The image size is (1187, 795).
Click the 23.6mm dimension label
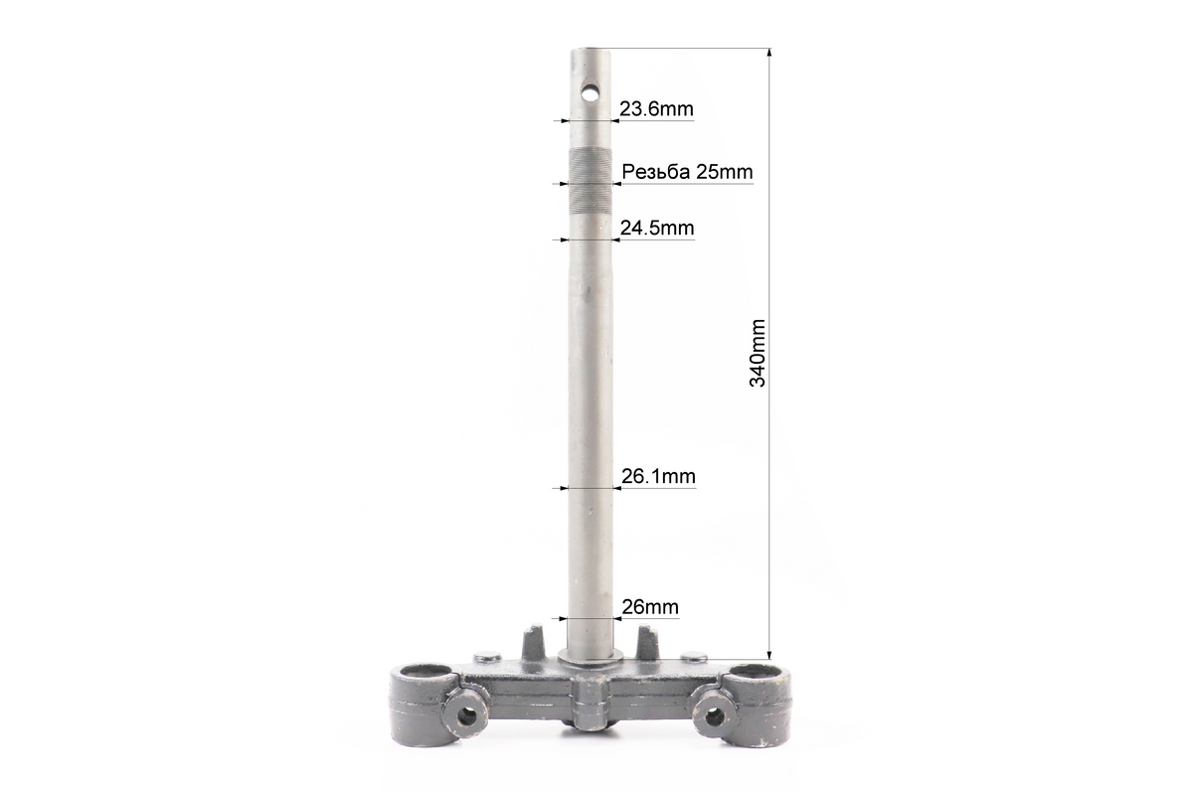(x=656, y=109)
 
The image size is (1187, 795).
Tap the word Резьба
(x=655, y=173)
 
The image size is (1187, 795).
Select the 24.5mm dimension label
(x=657, y=228)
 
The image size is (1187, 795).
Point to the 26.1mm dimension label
(x=658, y=477)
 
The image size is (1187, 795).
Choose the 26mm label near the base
(x=650, y=606)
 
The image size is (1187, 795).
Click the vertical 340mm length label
(x=757, y=353)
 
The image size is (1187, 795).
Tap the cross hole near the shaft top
(x=590, y=93)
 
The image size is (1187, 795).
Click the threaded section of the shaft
(x=590, y=178)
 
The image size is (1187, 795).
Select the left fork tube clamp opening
(x=424, y=673)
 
